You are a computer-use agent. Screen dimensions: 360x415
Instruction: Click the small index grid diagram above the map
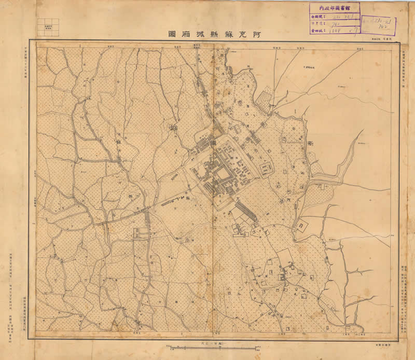point(48,27)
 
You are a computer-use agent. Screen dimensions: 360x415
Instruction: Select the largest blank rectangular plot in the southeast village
point(284,257)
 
